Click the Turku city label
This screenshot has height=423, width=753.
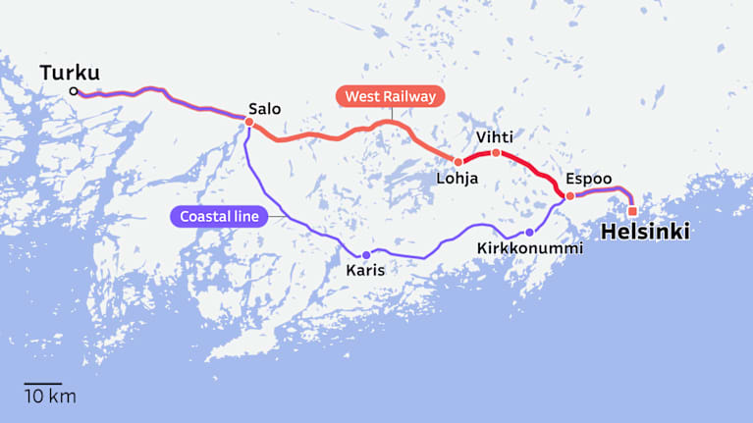[x=71, y=73]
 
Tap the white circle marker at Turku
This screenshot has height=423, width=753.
[x=74, y=92]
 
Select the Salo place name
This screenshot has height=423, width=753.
[x=264, y=109]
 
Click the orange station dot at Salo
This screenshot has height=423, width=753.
[x=248, y=123]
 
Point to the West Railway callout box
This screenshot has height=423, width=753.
[x=390, y=96]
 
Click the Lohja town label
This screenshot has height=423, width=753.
[x=457, y=179]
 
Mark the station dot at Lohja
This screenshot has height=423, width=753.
[x=457, y=162]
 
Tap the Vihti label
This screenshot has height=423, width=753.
[x=494, y=136]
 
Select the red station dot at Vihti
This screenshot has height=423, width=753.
[x=496, y=153]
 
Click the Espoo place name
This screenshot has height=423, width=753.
[x=588, y=179]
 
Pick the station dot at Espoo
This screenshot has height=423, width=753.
[x=570, y=196]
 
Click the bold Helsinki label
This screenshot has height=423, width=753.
[x=644, y=233]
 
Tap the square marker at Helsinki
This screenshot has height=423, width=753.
[x=632, y=211]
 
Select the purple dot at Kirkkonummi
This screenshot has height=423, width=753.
[x=529, y=233]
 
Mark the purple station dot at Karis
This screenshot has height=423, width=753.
[x=366, y=255]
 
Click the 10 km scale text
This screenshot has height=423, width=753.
[x=49, y=397]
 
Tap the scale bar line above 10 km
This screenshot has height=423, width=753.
[x=43, y=384]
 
